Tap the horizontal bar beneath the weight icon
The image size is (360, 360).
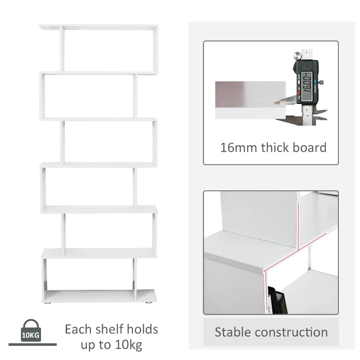tap(32, 345)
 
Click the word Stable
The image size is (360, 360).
tap(232, 332)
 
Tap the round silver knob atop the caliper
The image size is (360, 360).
tap(298, 57)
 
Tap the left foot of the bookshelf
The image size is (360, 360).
tap(49, 304)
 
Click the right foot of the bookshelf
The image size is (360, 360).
tap(147, 304)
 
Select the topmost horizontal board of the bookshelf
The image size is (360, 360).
tap(99, 27)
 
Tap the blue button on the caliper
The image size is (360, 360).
tap(322, 82)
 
